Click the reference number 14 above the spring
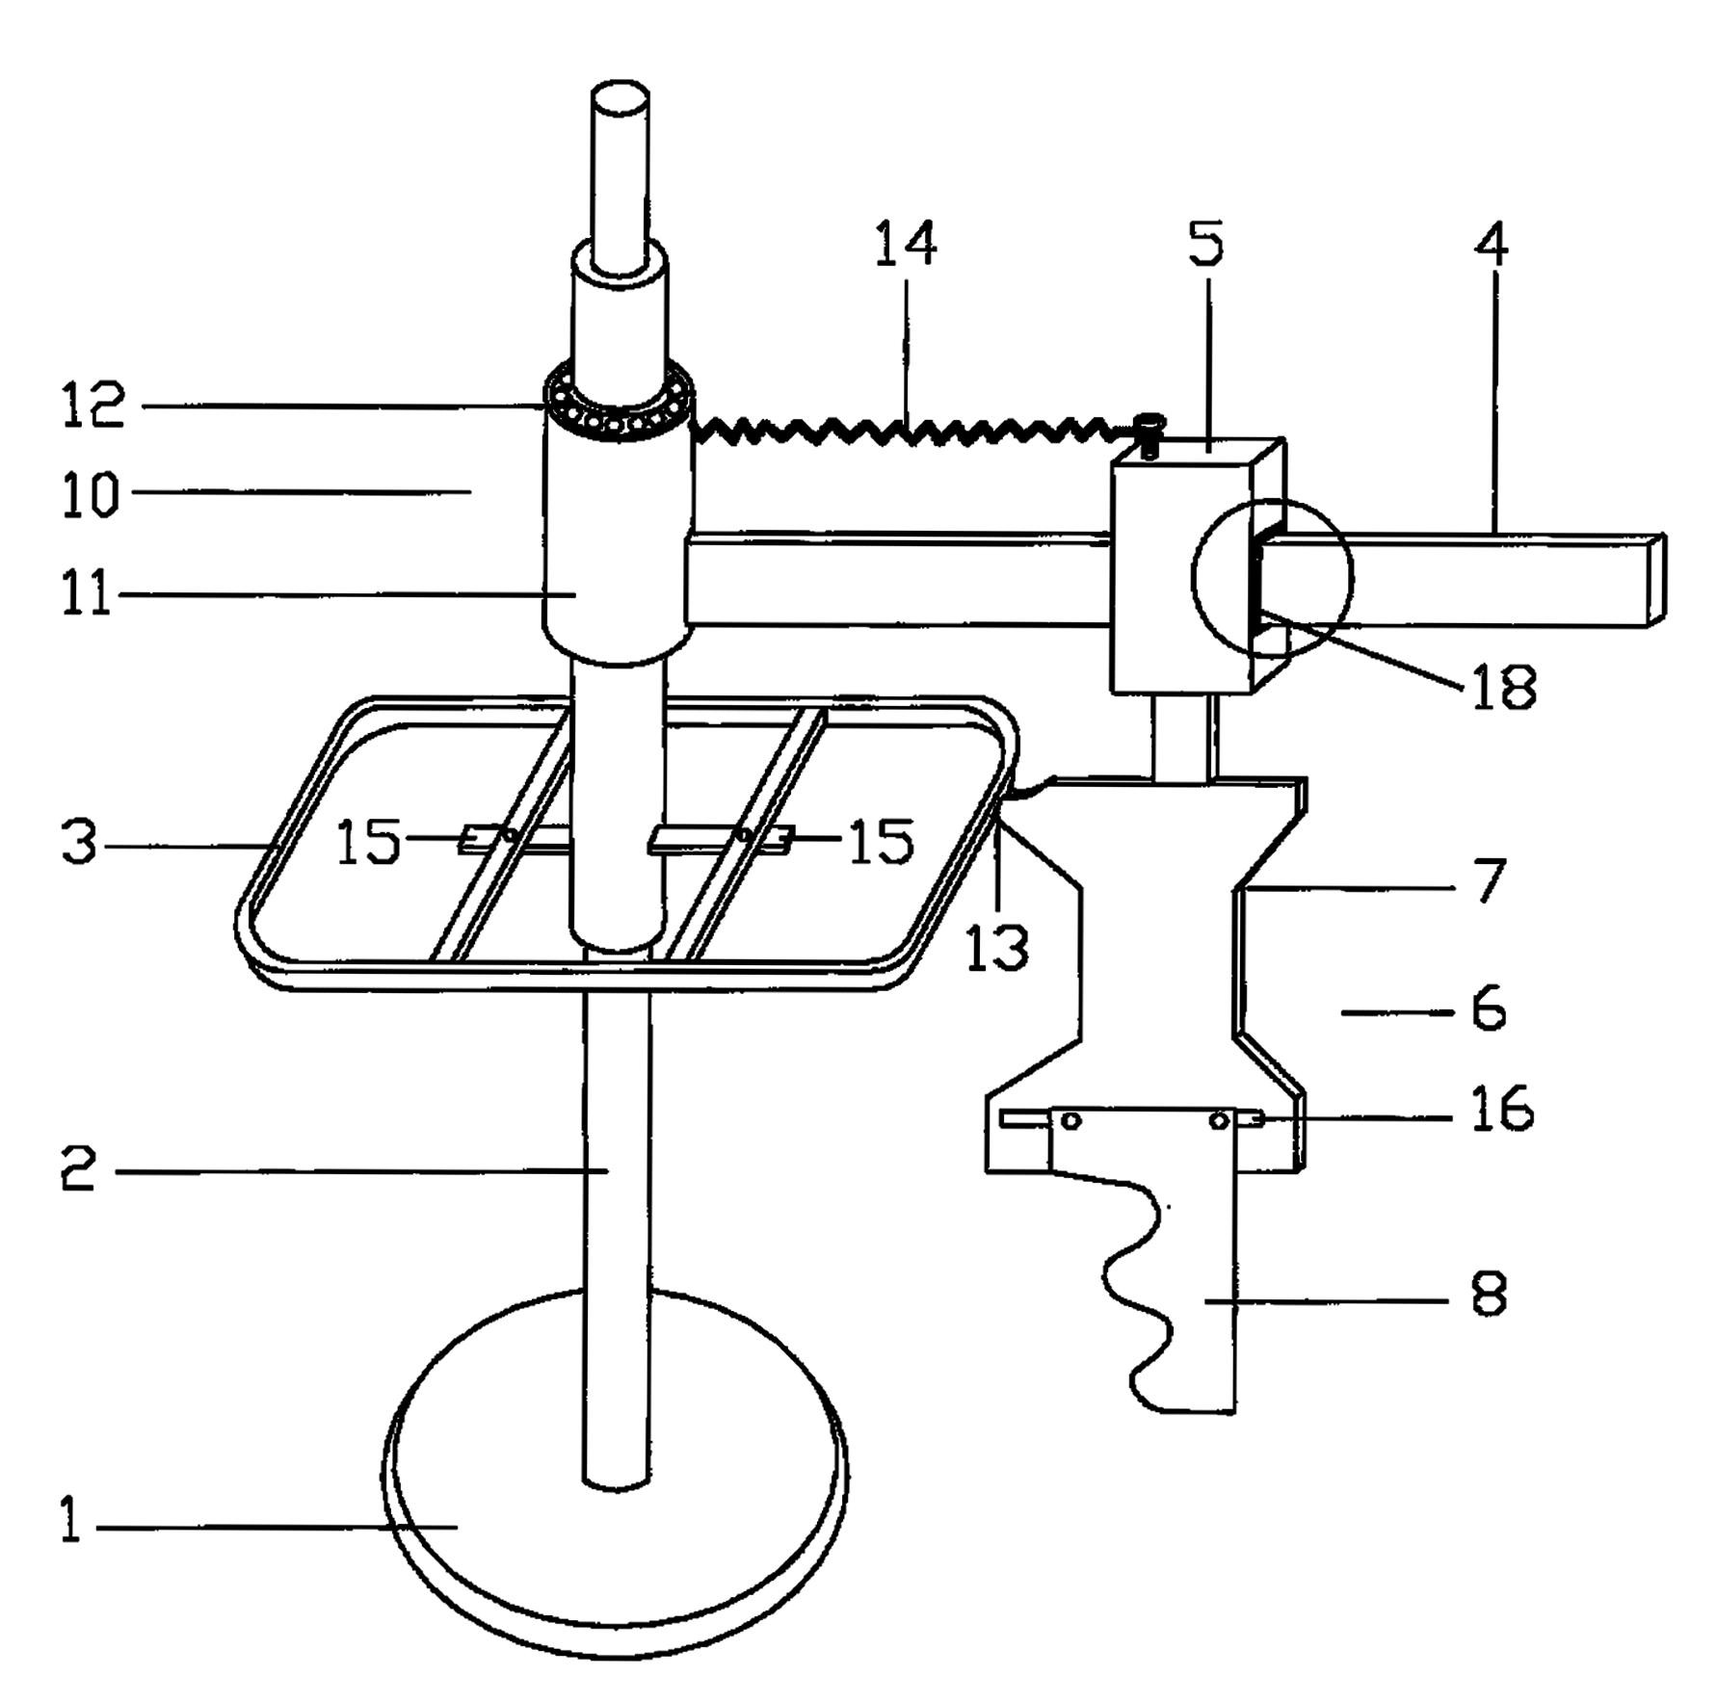(x=905, y=244)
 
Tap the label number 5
(x=1205, y=243)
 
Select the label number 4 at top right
(x=1491, y=244)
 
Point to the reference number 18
(x=1503, y=688)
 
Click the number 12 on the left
(x=92, y=405)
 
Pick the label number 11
(x=87, y=594)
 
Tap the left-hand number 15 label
(x=367, y=842)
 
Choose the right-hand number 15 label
(x=881, y=842)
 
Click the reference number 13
(x=997, y=948)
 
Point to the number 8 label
(x=1489, y=1295)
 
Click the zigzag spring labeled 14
(x=906, y=432)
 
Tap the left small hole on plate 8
(x=1071, y=1121)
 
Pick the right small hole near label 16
(x=1219, y=1120)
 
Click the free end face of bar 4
(x=1656, y=580)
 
